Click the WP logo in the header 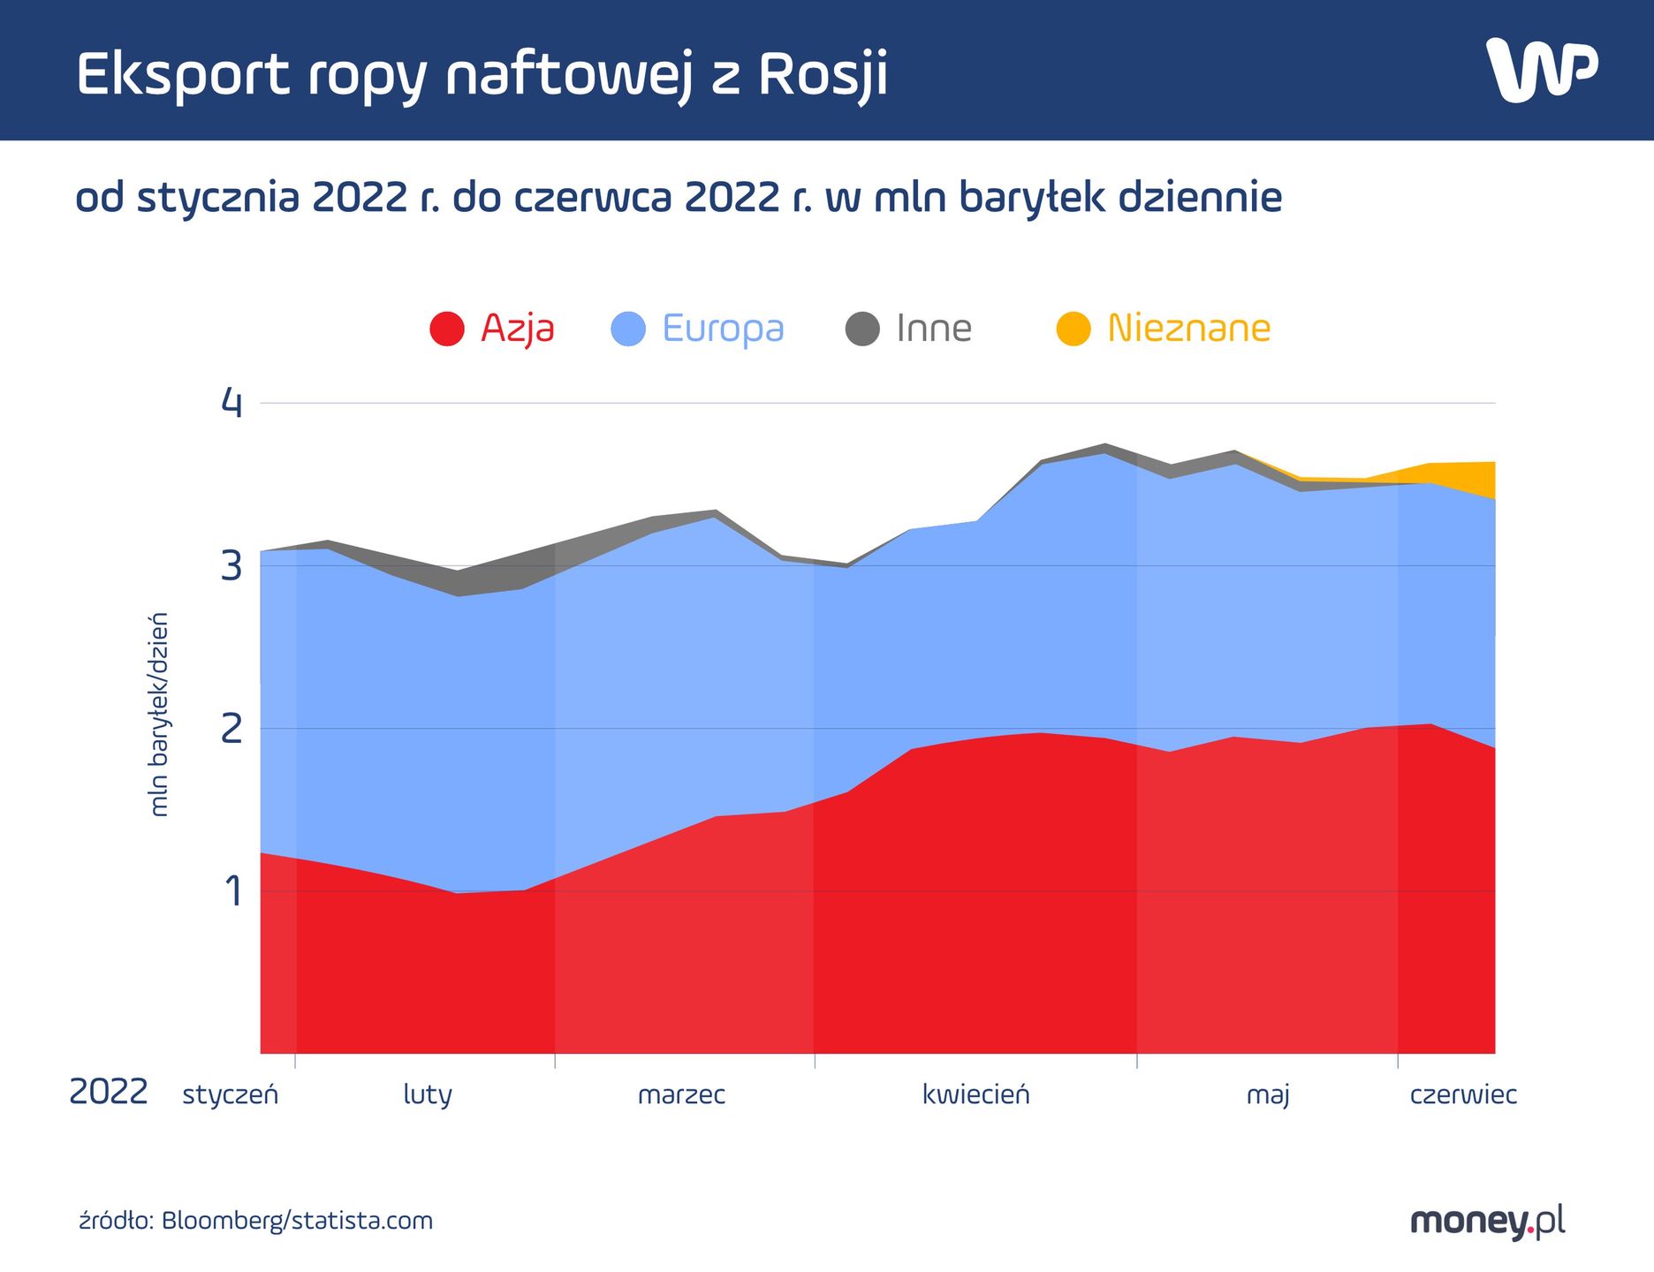(x=1541, y=69)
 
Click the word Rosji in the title (x=823, y=74)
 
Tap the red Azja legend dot (x=447, y=329)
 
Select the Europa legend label (x=723, y=329)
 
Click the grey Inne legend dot (x=862, y=329)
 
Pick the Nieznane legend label (x=1188, y=329)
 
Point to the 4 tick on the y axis (x=231, y=403)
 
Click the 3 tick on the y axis (x=231, y=566)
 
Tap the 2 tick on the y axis (x=231, y=729)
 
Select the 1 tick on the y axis (x=232, y=891)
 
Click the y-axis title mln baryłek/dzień (x=158, y=714)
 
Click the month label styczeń (x=230, y=1095)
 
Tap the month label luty (x=428, y=1095)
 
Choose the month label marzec (x=681, y=1095)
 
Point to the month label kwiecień (x=975, y=1095)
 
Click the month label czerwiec (x=1463, y=1095)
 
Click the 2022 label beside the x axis (x=108, y=1093)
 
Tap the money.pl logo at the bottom (x=1487, y=1222)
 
